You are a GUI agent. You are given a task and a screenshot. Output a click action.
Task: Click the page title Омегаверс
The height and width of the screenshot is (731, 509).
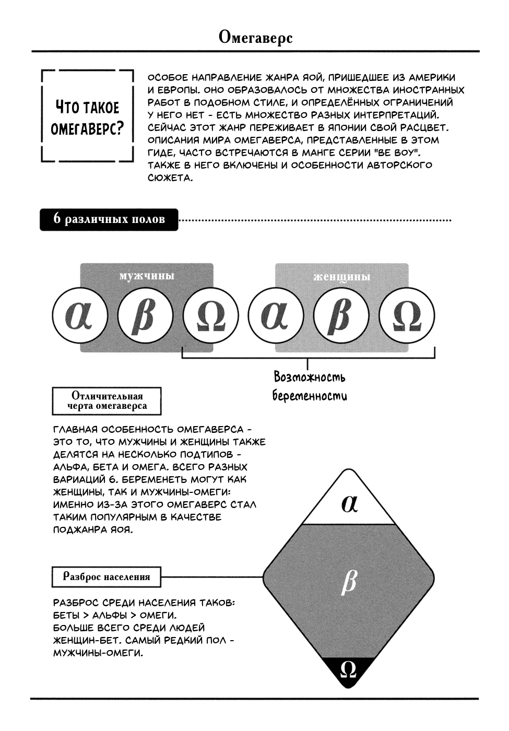[255, 38]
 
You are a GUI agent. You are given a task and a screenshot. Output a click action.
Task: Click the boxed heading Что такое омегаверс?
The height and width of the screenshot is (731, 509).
[88, 117]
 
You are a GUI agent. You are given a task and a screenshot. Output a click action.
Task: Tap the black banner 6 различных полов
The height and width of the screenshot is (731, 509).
[109, 219]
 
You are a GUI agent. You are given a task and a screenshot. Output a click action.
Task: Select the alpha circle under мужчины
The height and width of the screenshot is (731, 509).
[80, 315]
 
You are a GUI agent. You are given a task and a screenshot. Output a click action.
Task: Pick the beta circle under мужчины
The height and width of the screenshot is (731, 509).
[145, 315]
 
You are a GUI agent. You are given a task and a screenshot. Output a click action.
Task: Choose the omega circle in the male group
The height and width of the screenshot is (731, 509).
[210, 315]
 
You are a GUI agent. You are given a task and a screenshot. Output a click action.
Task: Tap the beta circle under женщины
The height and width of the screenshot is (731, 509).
[341, 315]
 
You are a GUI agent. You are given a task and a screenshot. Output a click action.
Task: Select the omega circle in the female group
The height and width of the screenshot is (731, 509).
[407, 315]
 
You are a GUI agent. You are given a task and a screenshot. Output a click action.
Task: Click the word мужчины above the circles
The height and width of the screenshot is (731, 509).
[147, 276]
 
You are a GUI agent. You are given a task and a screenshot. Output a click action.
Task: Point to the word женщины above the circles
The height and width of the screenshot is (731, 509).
[342, 276]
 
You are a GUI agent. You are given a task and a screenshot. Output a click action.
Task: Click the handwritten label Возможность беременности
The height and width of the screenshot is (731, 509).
[310, 386]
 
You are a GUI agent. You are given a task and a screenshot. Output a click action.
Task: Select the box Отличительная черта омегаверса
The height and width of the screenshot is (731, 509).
[107, 401]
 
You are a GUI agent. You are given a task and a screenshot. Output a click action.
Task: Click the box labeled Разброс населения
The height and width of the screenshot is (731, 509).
[106, 577]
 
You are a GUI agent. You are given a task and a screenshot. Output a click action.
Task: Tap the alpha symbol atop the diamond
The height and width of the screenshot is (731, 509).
[349, 503]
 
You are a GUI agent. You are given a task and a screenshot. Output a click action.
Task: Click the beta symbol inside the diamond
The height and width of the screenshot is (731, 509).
[348, 582]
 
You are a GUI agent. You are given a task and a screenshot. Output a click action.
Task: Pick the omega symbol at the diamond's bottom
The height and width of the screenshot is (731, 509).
[348, 669]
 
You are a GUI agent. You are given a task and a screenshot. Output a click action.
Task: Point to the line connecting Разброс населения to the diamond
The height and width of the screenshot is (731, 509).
[211, 577]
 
